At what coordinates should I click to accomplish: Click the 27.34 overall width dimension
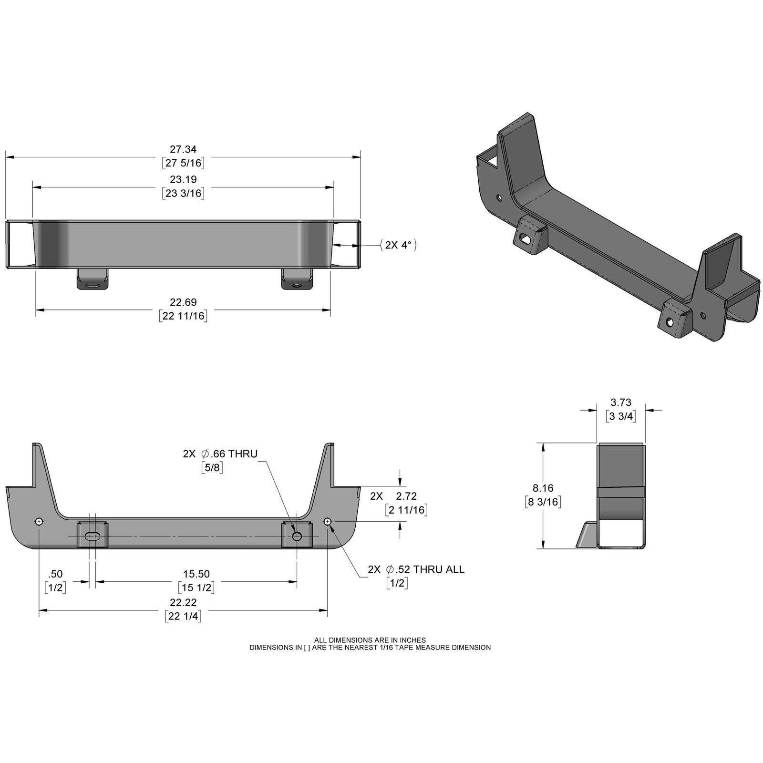click(x=183, y=150)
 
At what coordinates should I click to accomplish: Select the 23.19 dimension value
click(x=183, y=180)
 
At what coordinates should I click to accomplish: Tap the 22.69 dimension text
click(x=183, y=302)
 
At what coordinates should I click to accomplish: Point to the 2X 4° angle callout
click(x=399, y=245)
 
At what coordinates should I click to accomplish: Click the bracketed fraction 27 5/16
click(x=183, y=163)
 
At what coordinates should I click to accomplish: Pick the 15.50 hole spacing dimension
click(x=196, y=574)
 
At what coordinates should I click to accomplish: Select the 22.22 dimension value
click(x=183, y=602)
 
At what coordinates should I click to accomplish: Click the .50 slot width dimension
click(x=56, y=574)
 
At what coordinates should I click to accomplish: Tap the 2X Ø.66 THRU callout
click(x=220, y=454)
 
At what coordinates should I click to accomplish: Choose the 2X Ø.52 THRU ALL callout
click(x=416, y=569)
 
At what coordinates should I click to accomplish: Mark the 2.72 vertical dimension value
click(x=406, y=496)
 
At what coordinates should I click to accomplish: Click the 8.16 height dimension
click(x=543, y=488)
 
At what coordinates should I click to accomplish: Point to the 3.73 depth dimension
click(x=621, y=403)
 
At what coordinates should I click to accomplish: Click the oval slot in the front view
click(x=93, y=536)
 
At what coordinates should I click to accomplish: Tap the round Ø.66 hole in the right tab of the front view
click(x=297, y=536)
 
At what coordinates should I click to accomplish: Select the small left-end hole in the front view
click(x=39, y=521)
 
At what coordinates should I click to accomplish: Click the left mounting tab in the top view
click(x=93, y=278)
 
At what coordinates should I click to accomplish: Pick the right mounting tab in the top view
click(x=297, y=278)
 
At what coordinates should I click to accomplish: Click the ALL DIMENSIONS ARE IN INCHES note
click(x=370, y=640)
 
